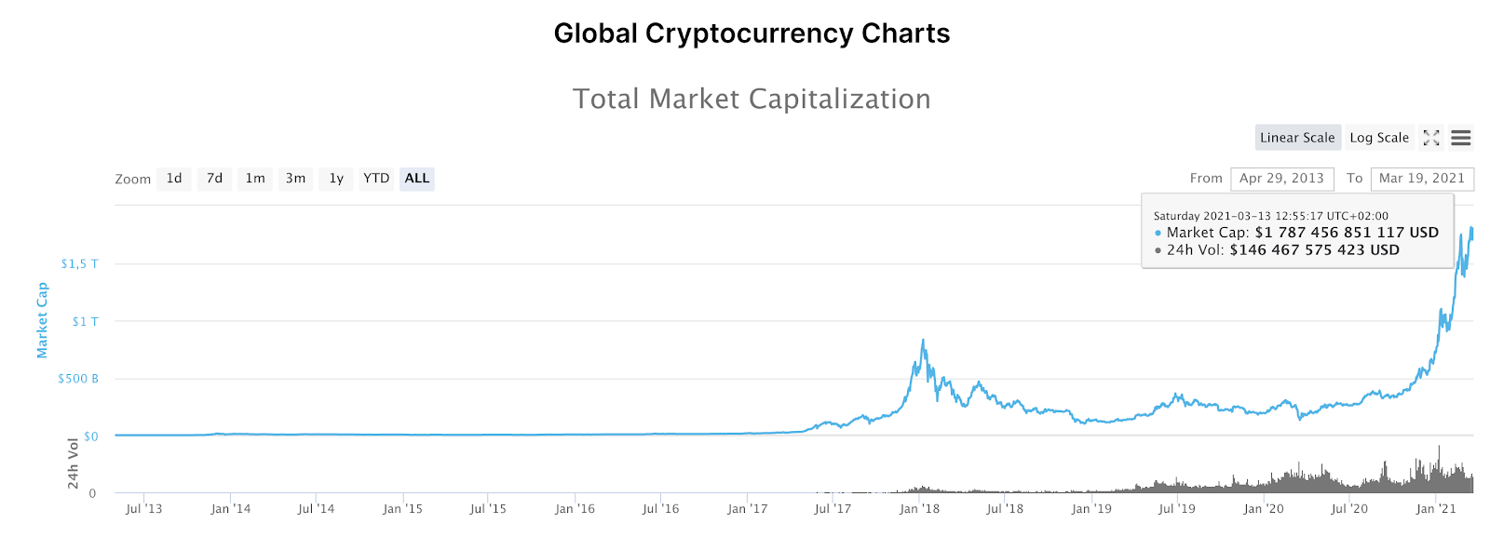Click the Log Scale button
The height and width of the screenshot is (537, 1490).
[x=1379, y=138]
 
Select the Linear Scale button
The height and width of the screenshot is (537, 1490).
[x=1297, y=138]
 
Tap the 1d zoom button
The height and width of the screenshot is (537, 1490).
[x=174, y=179]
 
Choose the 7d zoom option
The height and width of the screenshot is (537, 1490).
[x=214, y=179]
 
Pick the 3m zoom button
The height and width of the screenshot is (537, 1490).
[x=295, y=179]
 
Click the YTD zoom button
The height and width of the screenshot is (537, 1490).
[x=376, y=179]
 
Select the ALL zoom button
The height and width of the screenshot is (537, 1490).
[x=417, y=179]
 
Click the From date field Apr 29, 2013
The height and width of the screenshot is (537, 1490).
[x=1281, y=179]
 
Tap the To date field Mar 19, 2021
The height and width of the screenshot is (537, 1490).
[x=1421, y=179]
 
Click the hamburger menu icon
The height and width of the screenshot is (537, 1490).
[x=1461, y=138]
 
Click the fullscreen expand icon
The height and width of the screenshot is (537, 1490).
[x=1431, y=138]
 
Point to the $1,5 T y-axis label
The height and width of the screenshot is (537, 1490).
[x=79, y=264]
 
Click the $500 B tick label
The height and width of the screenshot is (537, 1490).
[x=78, y=379]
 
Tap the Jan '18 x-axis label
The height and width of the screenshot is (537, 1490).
[x=919, y=509]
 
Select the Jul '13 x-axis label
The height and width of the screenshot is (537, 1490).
[x=143, y=509]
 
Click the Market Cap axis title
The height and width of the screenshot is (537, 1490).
[x=42, y=320]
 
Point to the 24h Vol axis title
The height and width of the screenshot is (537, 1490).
[x=73, y=463]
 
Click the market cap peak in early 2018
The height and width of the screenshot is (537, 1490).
[x=923, y=341]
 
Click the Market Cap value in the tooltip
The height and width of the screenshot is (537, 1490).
[x=1347, y=233]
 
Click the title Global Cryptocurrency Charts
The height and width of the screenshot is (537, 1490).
[x=752, y=34]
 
